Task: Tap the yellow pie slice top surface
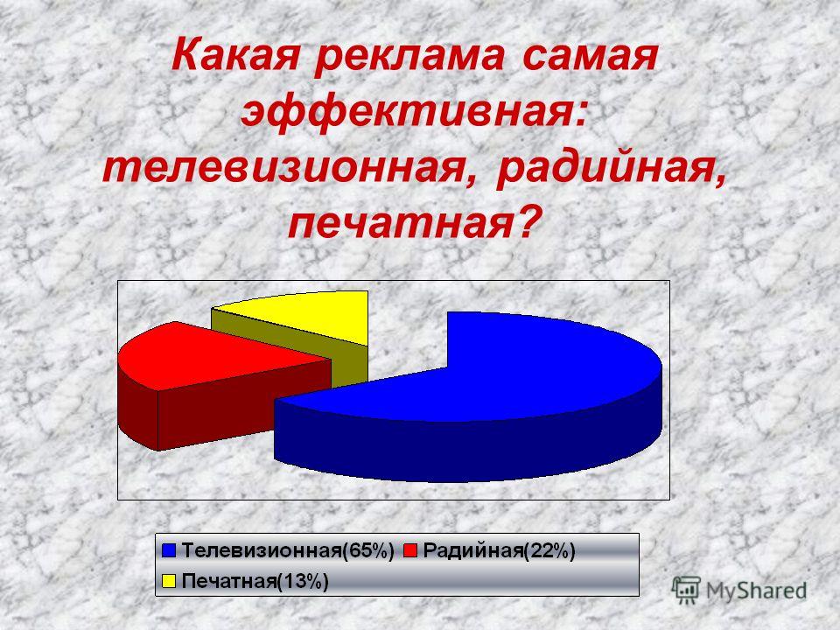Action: point(311,316)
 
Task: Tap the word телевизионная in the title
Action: point(287,169)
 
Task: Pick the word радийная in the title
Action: point(612,169)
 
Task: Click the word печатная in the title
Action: point(411,222)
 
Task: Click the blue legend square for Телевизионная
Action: point(169,550)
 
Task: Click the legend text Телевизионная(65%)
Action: point(288,550)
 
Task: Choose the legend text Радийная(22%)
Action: point(499,550)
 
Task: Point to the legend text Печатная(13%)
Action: point(255,581)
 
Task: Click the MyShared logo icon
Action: point(686,591)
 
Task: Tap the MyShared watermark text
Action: point(756,591)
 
